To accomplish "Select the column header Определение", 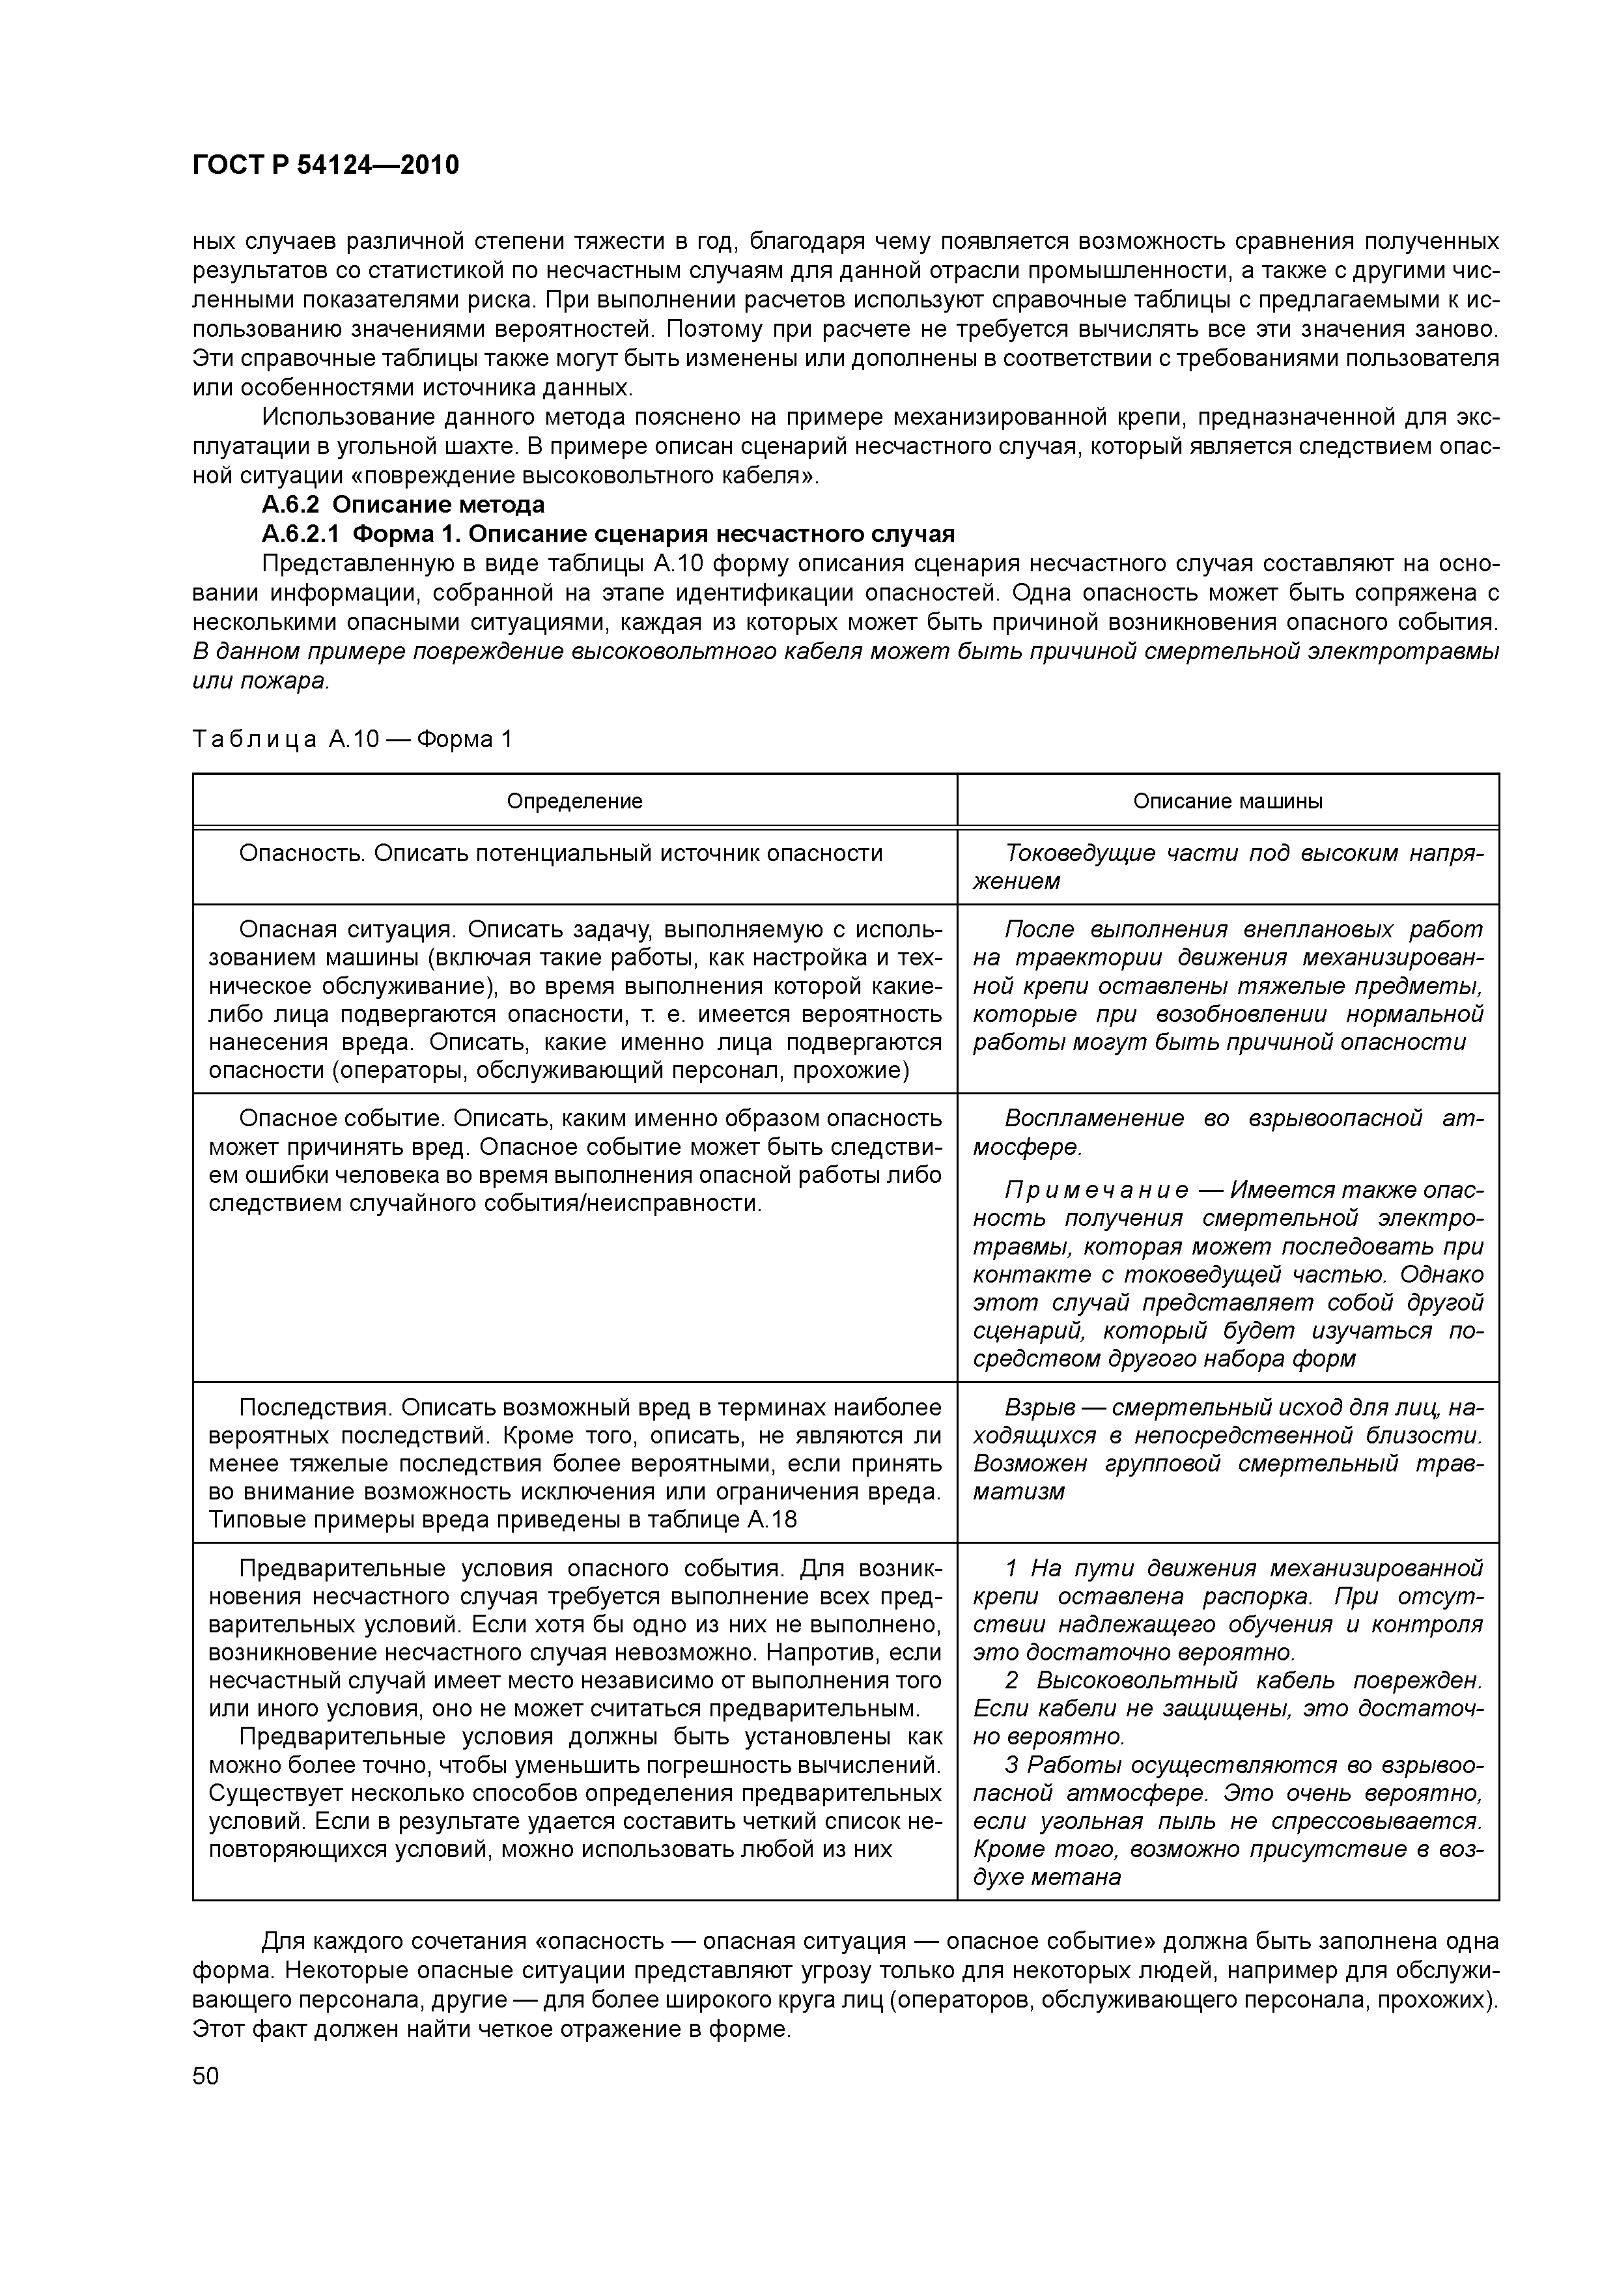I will point(574,801).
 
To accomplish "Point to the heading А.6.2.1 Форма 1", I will point(607,534).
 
